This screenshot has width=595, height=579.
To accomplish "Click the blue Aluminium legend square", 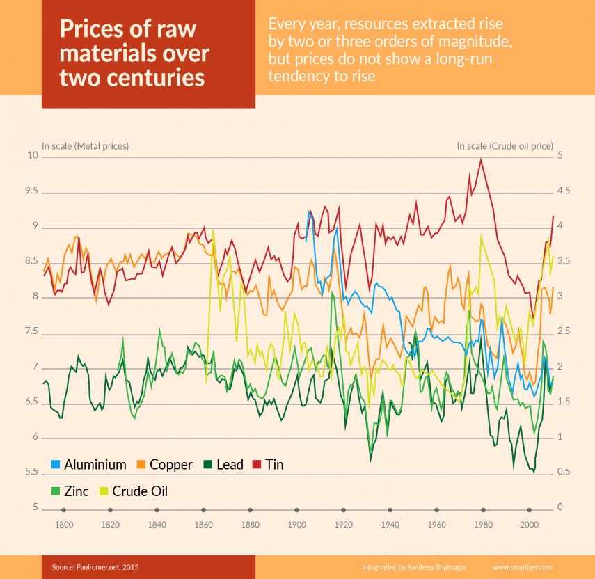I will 57,464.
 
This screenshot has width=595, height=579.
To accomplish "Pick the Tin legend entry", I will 273,464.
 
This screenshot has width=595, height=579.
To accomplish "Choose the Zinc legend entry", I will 76,491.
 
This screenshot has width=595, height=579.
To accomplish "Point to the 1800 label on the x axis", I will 64,525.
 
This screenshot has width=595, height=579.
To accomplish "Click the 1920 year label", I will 343,525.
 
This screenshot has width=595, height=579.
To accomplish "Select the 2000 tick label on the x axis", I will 529,525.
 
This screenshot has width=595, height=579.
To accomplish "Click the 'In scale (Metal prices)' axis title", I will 86,146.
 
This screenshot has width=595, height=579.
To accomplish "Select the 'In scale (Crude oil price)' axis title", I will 505,146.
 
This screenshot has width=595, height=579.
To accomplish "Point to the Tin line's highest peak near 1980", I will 480,159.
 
